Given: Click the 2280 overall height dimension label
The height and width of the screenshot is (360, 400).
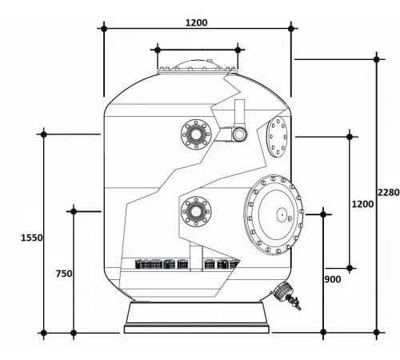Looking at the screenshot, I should [x=387, y=192].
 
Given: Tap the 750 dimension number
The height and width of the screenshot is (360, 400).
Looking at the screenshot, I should [x=64, y=274].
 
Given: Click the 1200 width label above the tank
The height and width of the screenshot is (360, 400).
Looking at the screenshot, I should [x=196, y=22].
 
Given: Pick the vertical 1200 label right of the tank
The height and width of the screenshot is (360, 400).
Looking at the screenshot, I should [x=362, y=204].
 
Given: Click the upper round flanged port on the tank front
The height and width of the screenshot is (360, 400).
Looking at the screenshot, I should [x=194, y=134].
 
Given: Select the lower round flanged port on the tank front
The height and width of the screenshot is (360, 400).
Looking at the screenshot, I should [x=194, y=211].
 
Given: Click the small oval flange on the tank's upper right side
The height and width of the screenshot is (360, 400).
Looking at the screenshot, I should [x=279, y=138].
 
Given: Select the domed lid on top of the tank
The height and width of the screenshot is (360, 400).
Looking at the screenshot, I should [x=198, y=67].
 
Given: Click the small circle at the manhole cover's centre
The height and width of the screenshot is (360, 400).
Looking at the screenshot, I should [x=282, y=214].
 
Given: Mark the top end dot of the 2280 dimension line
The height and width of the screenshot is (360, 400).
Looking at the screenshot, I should [x=377, y=58].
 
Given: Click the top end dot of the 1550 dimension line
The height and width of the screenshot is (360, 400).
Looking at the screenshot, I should [x=43, y=134].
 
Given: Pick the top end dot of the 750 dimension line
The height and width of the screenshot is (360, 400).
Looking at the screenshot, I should [x=74, y=211].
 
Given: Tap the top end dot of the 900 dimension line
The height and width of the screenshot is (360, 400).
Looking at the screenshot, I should [x=323, y=214].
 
